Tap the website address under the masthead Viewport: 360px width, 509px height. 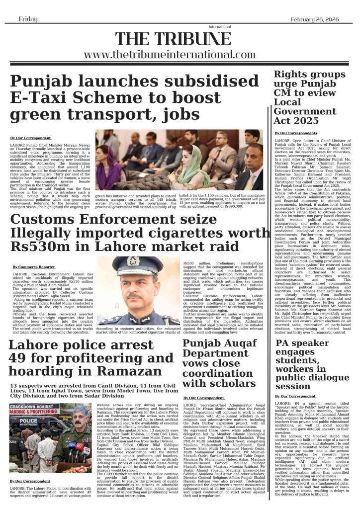click(x=180, y=55)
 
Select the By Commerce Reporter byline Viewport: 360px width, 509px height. click(x=34, y=267)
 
